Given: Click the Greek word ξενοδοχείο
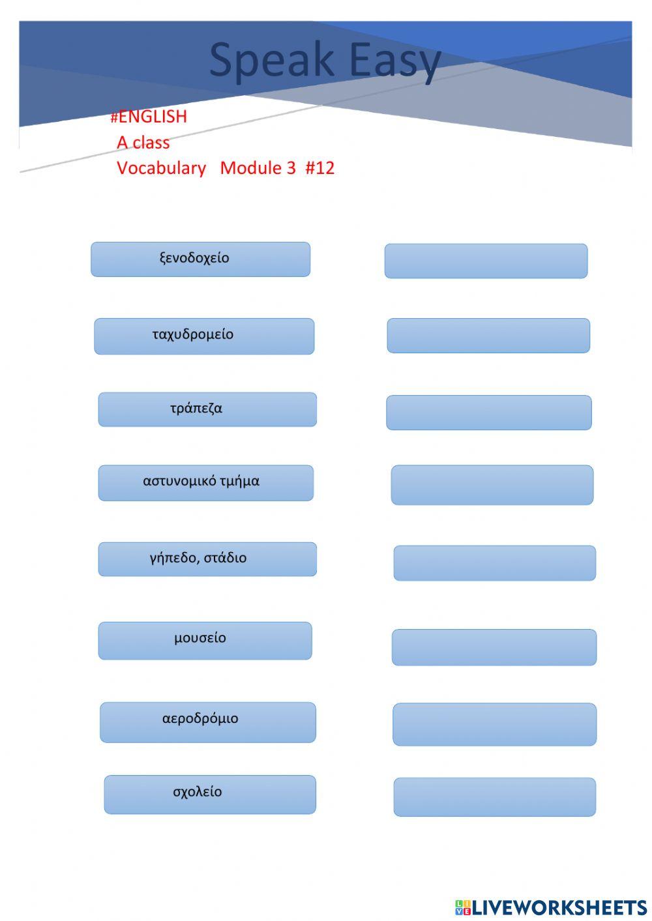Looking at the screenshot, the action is [194, 258].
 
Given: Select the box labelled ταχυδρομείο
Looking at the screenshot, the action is [193, 335].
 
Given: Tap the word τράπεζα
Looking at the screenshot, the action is [196, 409].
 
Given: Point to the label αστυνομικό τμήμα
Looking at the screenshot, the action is [201, 482].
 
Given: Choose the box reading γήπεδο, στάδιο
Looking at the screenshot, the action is [198, 558].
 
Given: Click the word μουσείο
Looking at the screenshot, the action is [200, 638].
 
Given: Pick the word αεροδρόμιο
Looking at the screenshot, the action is [200, 719].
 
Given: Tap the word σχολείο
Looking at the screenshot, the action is [198, 792].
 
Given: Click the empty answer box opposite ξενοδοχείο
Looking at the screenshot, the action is [486, 261].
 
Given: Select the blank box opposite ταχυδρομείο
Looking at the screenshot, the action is [488, 336].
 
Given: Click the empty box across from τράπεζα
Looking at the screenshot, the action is [489, 413].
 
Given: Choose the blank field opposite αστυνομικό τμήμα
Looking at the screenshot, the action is [492, 485].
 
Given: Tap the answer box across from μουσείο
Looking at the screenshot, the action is [494, 647].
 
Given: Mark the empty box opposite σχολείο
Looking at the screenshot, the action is [495, 797].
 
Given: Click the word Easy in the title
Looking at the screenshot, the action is [395, 61].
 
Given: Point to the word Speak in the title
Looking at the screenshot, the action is [271, 61].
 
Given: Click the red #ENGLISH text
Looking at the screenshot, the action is [149, 117].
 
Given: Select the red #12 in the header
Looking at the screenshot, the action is [319, 168].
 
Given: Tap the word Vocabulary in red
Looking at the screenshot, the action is [161, 168].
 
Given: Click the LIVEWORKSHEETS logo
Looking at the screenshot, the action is [551, 907].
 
